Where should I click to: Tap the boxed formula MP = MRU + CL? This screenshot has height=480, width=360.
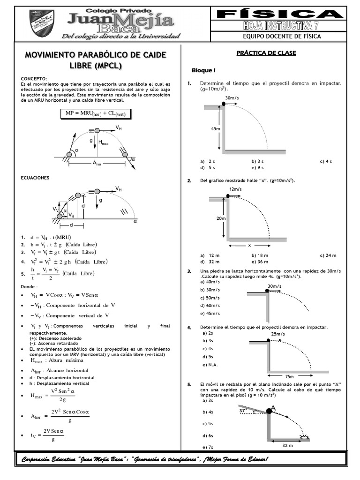(x=96, y=113)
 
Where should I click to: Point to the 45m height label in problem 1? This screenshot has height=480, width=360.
(x=215, y=128)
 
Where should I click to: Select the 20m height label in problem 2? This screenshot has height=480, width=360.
(x=221, y=218)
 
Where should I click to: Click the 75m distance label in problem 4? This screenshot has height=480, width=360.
(x=289, y=376)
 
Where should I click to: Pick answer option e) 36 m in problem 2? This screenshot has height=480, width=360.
(x=260, y=262)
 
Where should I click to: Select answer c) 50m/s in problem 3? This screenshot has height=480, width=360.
(x=210, y=298)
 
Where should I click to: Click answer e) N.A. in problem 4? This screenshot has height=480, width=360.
(x=210, y=365)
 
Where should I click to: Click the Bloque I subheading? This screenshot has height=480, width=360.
(x=203, y=70)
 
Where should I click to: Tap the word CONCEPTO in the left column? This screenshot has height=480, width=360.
(x=34, y=78)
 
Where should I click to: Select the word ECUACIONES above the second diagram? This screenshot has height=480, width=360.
(x=36, y=178)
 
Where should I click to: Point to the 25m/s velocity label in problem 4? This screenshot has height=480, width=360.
(x=277, y=334)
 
